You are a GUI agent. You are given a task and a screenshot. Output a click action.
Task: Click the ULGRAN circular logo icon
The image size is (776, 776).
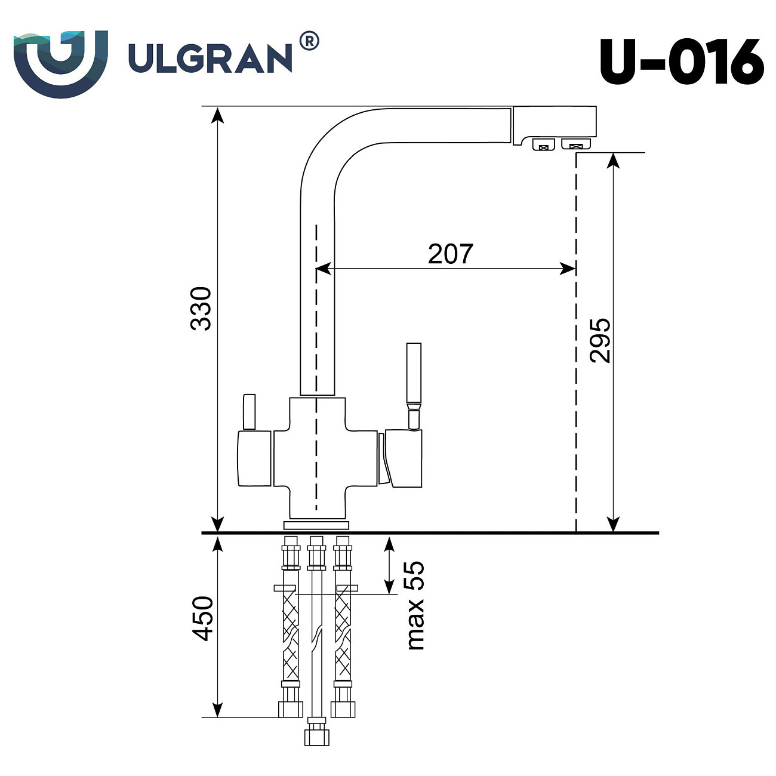point(60,61)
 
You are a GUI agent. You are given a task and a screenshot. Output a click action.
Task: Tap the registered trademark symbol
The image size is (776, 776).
point(308,41)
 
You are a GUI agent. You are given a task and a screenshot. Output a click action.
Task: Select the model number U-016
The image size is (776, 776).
point(681,62)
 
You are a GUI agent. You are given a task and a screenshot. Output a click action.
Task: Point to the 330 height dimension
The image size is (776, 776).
point(201,309)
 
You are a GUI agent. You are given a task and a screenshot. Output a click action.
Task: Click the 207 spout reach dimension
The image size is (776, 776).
point(450,254)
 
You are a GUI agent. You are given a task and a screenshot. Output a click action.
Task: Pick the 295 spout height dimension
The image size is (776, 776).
point(600,340)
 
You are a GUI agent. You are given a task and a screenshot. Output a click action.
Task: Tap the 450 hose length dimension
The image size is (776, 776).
point(203,618)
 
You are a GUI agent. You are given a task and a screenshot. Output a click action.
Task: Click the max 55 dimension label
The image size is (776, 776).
point(414,605)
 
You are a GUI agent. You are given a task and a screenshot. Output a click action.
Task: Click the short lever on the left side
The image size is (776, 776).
point(249,412)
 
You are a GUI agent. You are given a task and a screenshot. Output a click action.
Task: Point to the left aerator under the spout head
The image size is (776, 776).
point(543,144)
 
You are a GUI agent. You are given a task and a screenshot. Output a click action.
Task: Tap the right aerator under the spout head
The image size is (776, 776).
point(576,144)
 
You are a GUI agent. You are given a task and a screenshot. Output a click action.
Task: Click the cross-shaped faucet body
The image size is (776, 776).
point(317,457)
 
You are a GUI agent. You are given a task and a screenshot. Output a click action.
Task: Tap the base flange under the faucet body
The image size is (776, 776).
point(316,525)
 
